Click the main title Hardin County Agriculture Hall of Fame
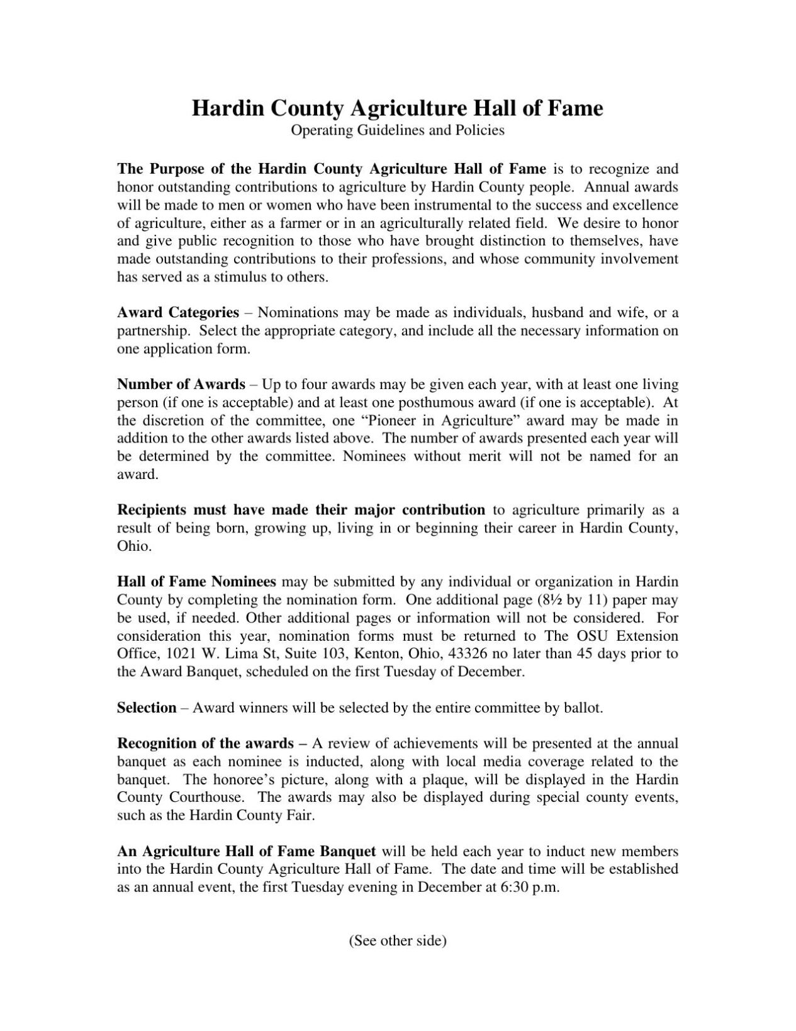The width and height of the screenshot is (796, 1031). [x=397, y=108]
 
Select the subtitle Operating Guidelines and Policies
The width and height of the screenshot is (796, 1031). [x=397, y=131]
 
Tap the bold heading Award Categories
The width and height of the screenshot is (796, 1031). [x=178, y=313]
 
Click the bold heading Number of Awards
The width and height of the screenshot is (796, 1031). [x=181, y=385]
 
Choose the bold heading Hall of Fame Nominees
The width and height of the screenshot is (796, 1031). [x=196, y=582]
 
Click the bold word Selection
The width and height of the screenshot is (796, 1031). [x=147, y=708]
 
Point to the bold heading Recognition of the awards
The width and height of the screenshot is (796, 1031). [x=205, y=744]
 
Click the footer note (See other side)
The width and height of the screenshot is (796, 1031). [x=397, y=941]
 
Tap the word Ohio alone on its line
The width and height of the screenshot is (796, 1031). [x=134, y=546]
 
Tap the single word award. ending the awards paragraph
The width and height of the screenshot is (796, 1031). [x=137, y=475]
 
